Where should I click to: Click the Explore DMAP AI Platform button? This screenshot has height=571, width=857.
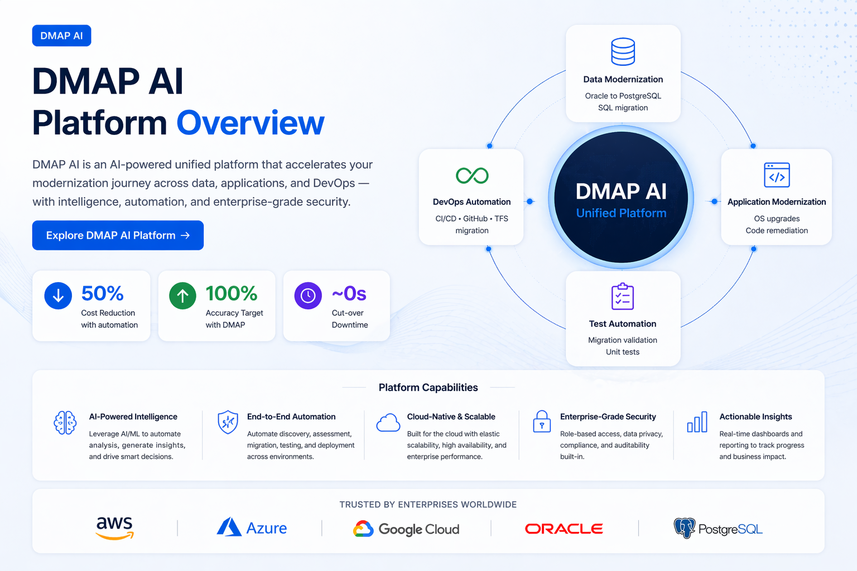[118, 235]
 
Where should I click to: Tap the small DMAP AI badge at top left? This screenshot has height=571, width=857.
[61, 36]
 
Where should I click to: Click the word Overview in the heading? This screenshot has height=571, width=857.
[251, 123]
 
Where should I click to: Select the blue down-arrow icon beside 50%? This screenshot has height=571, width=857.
[58, 296]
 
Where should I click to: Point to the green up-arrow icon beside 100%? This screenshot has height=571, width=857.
[182, 296]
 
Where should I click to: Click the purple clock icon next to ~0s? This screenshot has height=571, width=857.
[308, 296]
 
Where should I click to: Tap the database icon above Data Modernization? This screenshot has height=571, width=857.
[623, 52]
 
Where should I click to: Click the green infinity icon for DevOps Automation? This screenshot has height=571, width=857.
[472, 176]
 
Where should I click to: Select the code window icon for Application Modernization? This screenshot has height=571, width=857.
[777, 175]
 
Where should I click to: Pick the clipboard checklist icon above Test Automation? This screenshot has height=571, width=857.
[622, 297]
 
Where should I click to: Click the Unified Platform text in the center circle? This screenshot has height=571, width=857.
[621, 213]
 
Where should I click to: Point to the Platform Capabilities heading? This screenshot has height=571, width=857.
[428, 388]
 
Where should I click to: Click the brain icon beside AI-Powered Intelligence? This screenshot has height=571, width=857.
[65, 423]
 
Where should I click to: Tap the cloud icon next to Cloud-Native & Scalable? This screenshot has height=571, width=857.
[388, 423]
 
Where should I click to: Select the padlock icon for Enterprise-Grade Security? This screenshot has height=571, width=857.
[542, 422]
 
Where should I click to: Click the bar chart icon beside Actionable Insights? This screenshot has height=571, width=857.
[697, 422]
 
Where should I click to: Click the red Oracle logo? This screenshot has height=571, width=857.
[564, 529]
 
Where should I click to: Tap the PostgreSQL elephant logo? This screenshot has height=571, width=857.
[684, 528]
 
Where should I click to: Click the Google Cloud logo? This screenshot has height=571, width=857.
[407, 529]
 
